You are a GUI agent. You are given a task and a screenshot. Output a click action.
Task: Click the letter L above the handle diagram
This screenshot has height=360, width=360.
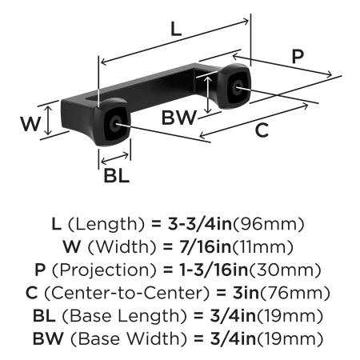[176, 30]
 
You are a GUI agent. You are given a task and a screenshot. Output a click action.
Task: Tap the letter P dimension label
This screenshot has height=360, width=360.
[298, 56]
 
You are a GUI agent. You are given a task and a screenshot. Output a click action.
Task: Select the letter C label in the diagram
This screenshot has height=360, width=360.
[262, 130]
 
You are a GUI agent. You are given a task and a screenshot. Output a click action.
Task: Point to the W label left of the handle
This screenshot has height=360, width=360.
[31, 124]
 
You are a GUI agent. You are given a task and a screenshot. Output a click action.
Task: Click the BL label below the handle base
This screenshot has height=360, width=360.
[117, 176]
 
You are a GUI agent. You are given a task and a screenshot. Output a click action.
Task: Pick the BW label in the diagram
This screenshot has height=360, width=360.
[179, 118]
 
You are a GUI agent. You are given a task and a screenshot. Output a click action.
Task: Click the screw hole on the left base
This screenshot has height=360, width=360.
[116, 123]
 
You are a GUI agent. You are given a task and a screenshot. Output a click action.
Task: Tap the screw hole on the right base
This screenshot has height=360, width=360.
[237, 87]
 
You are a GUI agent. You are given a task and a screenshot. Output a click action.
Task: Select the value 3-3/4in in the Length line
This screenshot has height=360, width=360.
[200, 224]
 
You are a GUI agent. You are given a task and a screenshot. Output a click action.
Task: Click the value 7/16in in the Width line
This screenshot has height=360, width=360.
[205, 246]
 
